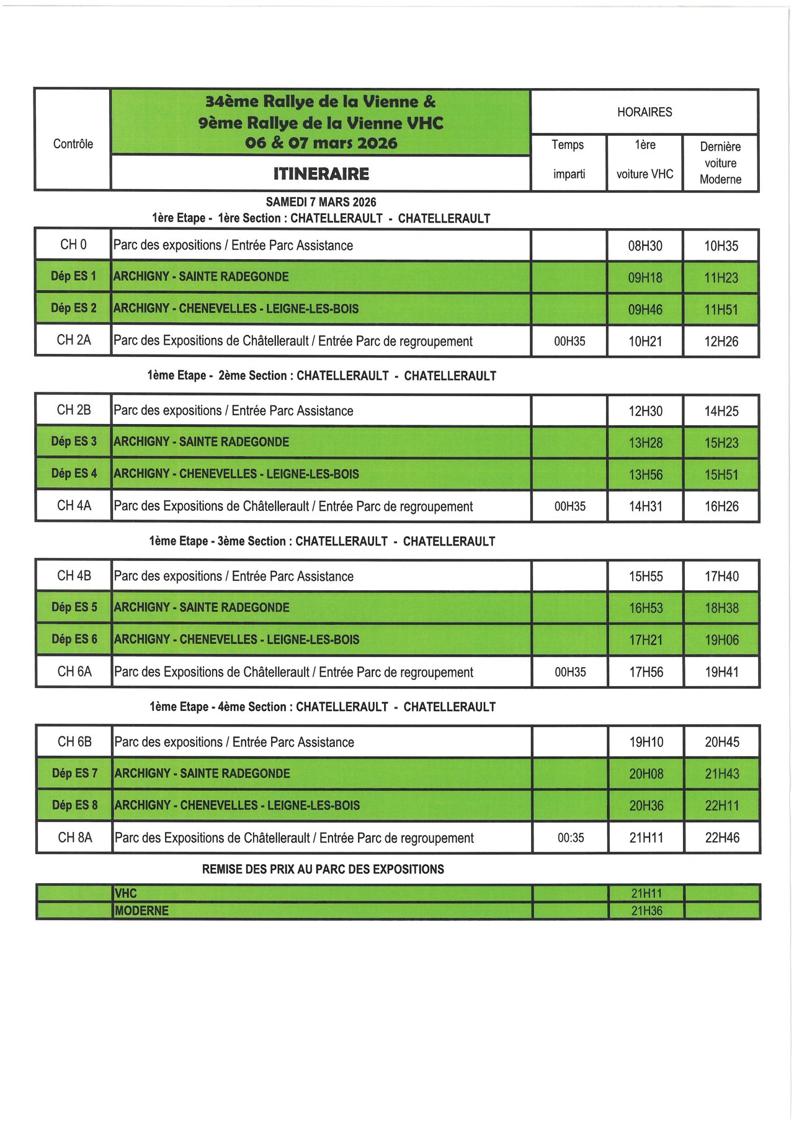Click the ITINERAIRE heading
pyautogui.click(x=321, y=174)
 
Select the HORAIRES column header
pyautogui.click(x=645, y=112)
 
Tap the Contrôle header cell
pyautogui.click(x=73, y=144)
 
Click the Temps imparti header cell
pyautogui.click(x=569, y=159)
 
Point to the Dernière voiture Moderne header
pyautogui.click(x=720, y=163)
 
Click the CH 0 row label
pyautogui.click(x=73, y=245)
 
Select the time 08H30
pyautogui.click(x=645, y=246)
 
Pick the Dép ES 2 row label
pyautogui.click(x=74, y=308)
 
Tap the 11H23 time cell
pyautogui.click(x=721, y=278)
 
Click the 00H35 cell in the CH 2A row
pyautogui.click(x=569, y=341)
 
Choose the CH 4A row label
pyautogui.click(x=74, y=506)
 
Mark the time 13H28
pyautogui.click(x=646, y=443)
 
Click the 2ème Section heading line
pyautogui.click(x=321, y=376)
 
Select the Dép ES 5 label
pyautogui.click(x=74, y=607)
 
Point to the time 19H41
pyautogui.click(x=722, y=672)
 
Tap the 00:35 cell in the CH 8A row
pyautogui.click(x=571, y=838)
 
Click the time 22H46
pyautogui.click(x=722, y=838)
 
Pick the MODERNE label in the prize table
pyautogui.click(x=142, y=911)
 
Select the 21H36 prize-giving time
pyautogui.click(x=646, y=911)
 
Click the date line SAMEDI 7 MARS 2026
pyautogui.click(x=321, y=202)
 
